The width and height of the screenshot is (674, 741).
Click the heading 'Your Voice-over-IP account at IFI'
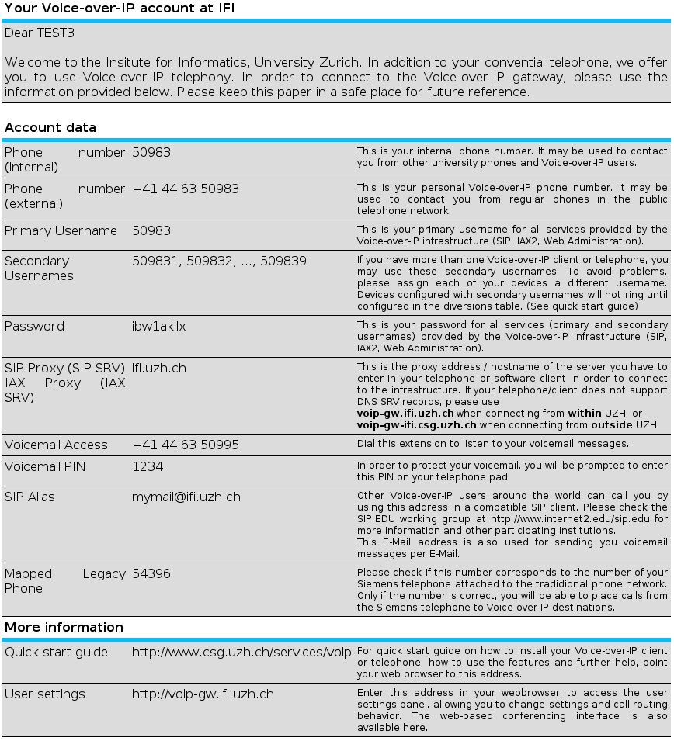[x=120, y=8]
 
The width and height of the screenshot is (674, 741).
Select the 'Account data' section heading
[x=50, y=127]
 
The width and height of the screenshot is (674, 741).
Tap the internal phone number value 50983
[x=151, y=152]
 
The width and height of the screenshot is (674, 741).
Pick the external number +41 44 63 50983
[x=186, y=189]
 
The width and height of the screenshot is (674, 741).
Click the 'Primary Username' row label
[x=61, y=230]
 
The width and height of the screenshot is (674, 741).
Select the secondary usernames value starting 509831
[x=219, y=261]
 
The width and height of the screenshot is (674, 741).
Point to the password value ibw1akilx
[x=158, y=326]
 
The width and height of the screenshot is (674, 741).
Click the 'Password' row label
[x=34, y=326]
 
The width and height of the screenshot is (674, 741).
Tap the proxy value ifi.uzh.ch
[x=158, y=368]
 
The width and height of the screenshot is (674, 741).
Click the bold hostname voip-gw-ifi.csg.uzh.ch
[x=416, y=424]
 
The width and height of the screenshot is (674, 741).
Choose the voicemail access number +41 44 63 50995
[x=186, y=445]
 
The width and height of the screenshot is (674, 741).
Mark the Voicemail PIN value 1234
[x=148, y=466]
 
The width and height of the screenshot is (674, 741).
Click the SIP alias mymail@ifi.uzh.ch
[x=186, y=497]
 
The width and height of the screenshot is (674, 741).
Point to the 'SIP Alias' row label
[x=30, y=497]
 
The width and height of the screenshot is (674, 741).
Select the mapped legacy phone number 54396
[x=151, y=573]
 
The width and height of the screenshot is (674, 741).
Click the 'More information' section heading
[x=64, y=627]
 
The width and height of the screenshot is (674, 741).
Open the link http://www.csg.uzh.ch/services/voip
[x=241, y=652]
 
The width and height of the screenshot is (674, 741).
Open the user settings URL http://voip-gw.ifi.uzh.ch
[x=203, y=694]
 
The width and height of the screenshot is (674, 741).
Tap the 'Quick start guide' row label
[x=56, y=652]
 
